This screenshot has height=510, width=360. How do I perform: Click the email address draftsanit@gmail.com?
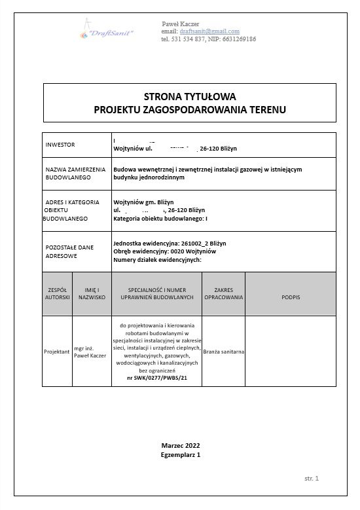click(x=209, y=31)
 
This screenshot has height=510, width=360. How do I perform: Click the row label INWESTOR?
click(x=61, y=144)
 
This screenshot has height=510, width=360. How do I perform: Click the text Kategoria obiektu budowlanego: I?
click(x=160, y=218)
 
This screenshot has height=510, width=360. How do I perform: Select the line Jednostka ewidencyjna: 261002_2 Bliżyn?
click(x=170, y=243)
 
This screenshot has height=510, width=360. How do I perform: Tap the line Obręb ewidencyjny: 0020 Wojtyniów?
click(x=170, y=251)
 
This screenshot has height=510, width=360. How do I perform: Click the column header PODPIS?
click(x=291, y=297)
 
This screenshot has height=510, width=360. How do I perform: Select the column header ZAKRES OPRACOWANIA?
click(x=224, y=293)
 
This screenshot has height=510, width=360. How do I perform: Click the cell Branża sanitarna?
click(x=224, y=352)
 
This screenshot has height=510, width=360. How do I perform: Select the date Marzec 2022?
click(x=180, y=445)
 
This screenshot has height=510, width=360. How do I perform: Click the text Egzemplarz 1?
click(x=180, y=454)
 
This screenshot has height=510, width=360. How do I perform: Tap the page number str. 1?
click(x=312, y=479)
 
